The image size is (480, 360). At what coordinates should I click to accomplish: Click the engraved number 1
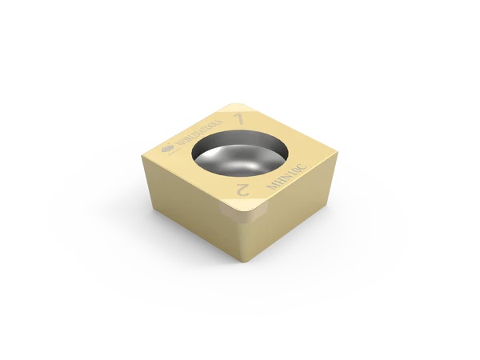pos(238,118)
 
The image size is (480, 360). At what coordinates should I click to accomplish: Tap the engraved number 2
pos(239,190)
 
